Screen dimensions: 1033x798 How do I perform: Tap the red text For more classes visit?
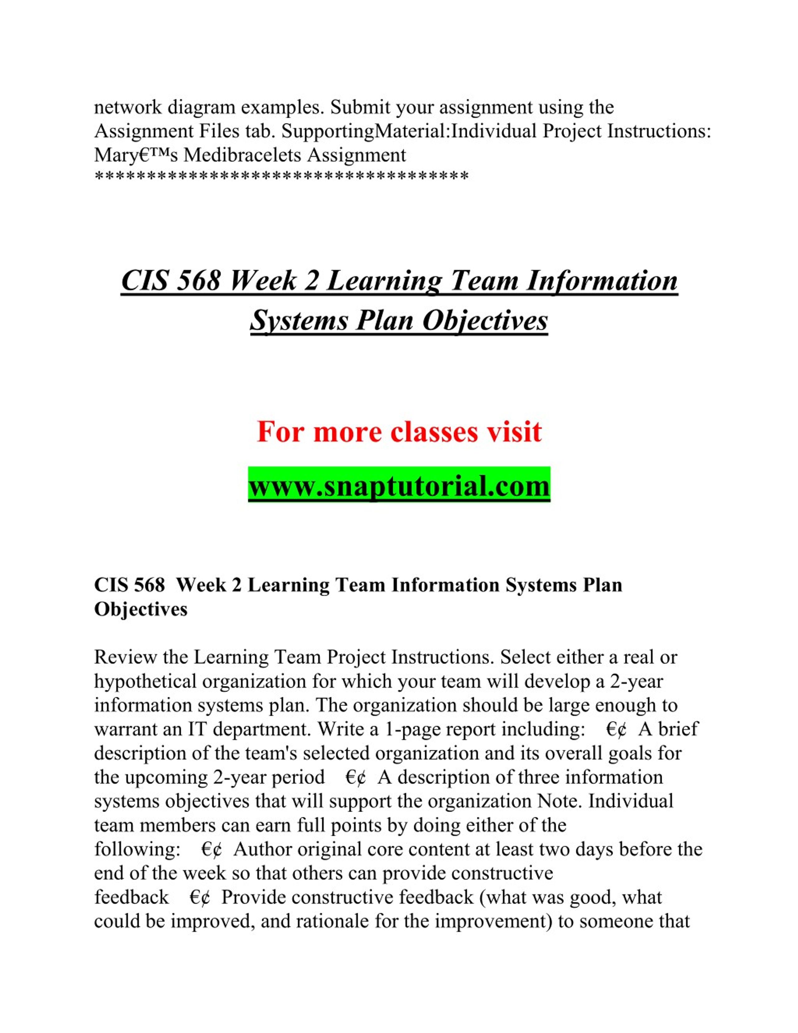coord(399,431)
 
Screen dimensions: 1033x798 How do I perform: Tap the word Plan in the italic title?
coord(385,321)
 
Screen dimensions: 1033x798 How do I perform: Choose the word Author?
coord(262,849)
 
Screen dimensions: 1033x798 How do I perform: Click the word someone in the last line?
coord(610,921)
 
